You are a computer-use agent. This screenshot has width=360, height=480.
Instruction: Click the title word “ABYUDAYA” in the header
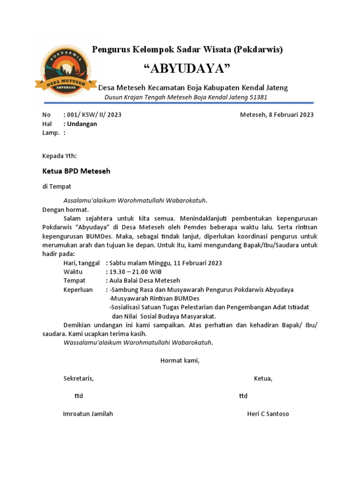pos(187,69)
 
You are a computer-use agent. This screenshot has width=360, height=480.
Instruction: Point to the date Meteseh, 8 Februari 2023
pos(277,115)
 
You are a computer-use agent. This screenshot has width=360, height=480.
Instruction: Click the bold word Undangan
pos(82,124)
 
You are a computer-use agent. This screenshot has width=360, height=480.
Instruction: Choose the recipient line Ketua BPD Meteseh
pos(76,171)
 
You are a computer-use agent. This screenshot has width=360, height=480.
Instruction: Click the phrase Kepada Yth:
pos(60,156)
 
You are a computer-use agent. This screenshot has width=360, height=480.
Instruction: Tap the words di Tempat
pos(57,187)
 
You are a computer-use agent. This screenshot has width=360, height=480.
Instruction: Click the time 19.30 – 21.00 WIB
pos(135,271)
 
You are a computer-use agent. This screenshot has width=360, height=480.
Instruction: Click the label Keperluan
pos(78,290)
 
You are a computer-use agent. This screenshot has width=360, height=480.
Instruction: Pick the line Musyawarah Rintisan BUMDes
pos(155,299)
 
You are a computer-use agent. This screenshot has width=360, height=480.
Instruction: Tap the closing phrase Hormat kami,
pos(180,360)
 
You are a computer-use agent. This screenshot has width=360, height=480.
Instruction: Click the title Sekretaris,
pos(78,379)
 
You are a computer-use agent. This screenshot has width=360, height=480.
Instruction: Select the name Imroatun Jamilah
pos(88,414)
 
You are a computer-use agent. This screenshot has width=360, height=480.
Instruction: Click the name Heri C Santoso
pos(268,414)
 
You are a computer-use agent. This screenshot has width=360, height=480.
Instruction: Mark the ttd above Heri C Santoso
pos(243,396)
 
